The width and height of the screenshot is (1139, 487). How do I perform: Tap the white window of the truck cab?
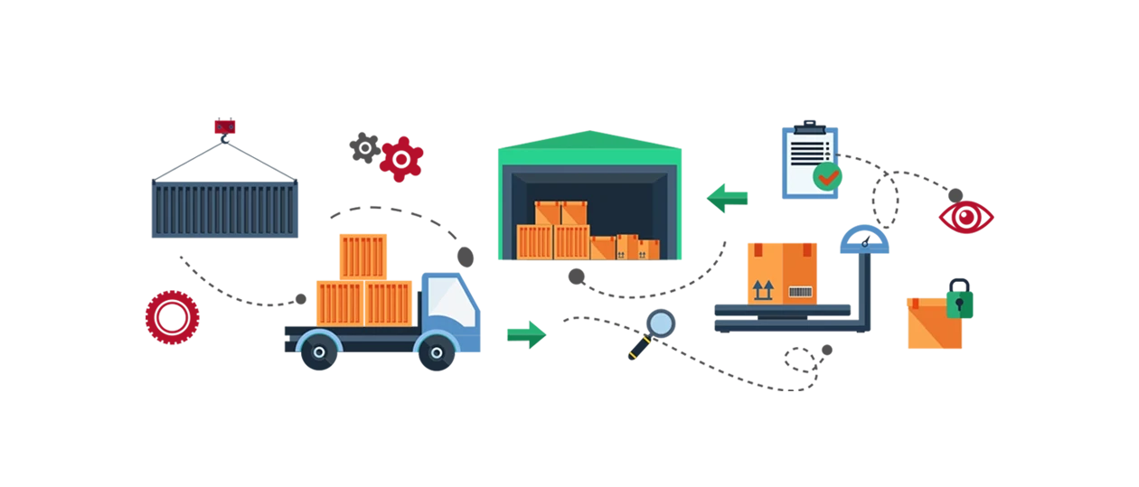(x=452, y=301)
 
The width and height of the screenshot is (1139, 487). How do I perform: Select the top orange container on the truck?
(x=362, y=255)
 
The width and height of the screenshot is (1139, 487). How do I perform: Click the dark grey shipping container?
(x=221, y=208)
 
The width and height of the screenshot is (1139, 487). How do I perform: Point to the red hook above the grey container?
(x=223, y=127)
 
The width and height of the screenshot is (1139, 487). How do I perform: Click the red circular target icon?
(x=172, y=317)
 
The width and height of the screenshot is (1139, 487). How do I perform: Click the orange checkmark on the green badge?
(x=827, y=176)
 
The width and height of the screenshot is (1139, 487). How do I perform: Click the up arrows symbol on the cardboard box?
(x=764, y=290)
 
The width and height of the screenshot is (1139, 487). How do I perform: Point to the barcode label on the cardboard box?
(x=800, y=291)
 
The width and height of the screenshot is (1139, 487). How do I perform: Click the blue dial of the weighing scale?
(x=864, y=240)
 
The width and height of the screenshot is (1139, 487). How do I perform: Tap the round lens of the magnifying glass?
(x=661, y=323)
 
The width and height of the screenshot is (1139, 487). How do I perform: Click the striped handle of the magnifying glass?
(x=633, y=350)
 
